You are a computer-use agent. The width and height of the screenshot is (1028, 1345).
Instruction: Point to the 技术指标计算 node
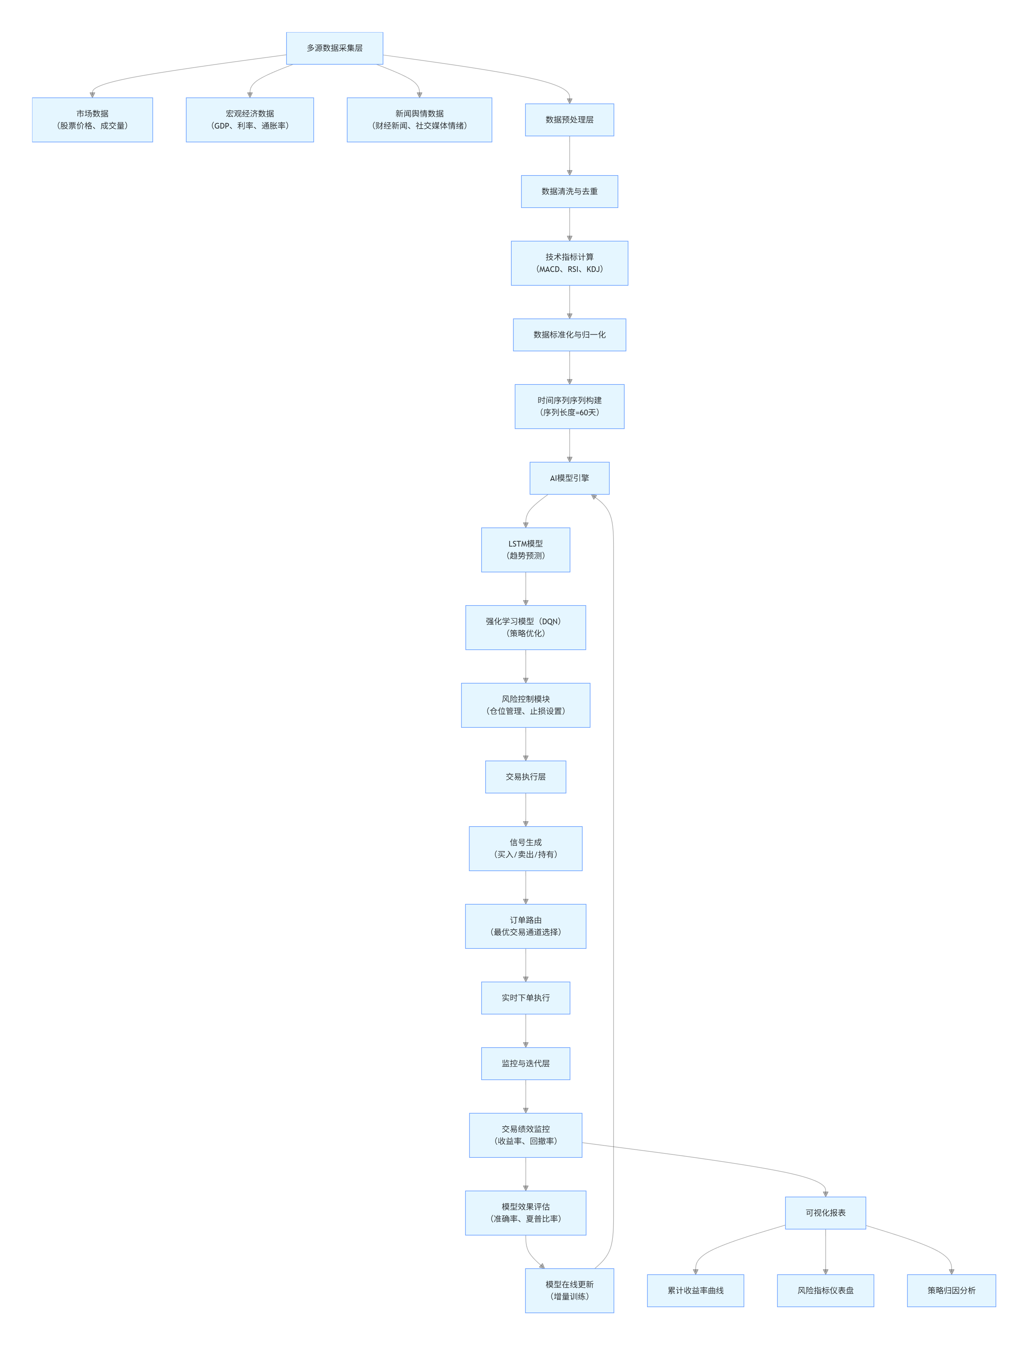click(569, 263)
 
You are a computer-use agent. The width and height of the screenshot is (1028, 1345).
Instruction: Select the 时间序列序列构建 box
click(569, 406)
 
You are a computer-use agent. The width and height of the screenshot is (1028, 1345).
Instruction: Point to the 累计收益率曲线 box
click(695, 1290)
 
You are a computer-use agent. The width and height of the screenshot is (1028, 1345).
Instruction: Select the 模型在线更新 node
click(569, 1290)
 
